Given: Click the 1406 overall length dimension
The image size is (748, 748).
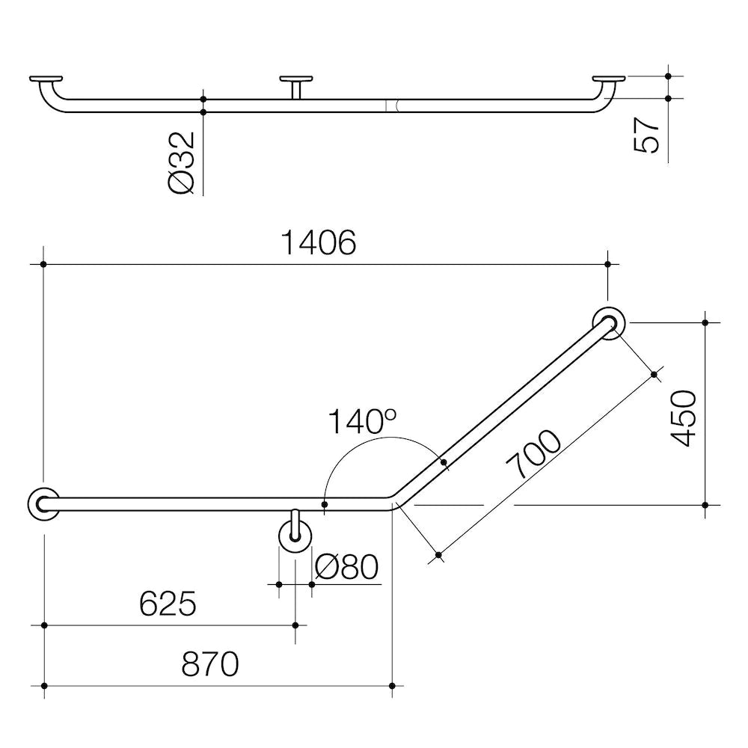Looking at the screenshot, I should click(x=318, y=243).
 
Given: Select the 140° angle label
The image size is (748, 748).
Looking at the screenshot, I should click(x=361, y=423).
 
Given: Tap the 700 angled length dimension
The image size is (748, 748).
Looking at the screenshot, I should click(x=534, y=455).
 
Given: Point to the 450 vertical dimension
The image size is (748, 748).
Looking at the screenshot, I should click(x=684, y=418).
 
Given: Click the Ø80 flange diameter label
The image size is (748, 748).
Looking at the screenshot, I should click(x=347, y=568).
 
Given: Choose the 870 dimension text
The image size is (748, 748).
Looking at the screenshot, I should click(x=209, y=663).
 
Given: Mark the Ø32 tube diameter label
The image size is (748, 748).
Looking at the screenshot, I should click(x=182, y=162).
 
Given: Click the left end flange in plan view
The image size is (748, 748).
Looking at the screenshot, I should click(x=43, y=503).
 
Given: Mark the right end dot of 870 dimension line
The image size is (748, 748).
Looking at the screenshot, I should click(x=392, y=685).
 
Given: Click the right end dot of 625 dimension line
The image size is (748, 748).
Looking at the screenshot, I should click(x=295, y=625).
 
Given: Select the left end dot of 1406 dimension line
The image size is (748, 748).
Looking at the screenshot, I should click(x=44, y=264).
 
